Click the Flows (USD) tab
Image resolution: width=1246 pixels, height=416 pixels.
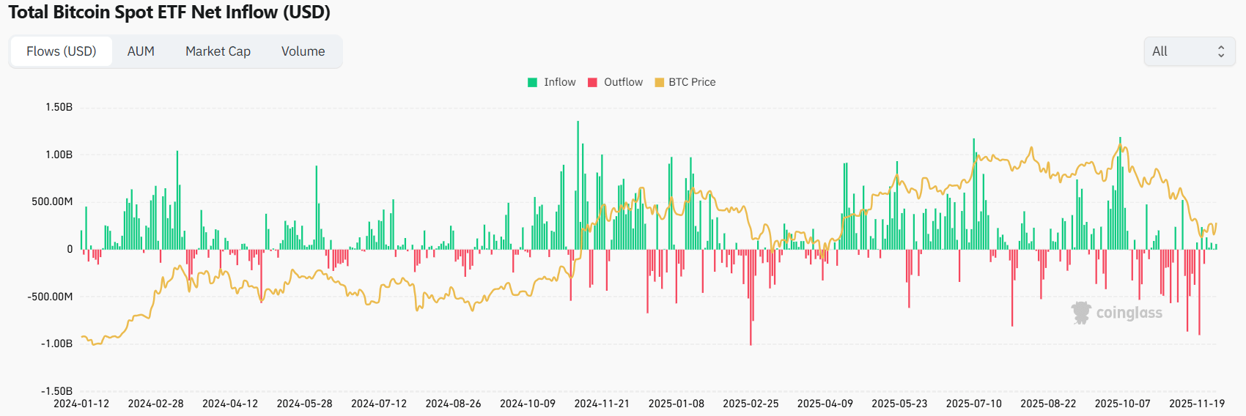62,51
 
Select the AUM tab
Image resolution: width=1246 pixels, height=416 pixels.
141,51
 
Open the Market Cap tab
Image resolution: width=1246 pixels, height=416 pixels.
218,51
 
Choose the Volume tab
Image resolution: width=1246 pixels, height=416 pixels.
303,51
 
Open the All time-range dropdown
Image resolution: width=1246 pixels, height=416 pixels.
1189,51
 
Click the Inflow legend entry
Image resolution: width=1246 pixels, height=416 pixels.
552,82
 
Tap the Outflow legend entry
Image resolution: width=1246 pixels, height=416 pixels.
615,82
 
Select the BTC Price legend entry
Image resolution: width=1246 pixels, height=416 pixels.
685,82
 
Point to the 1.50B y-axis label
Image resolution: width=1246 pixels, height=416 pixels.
59,107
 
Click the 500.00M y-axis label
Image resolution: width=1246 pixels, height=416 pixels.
52,201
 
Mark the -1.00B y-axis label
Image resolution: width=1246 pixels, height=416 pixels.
56,343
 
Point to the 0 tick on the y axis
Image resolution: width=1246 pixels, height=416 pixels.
70,249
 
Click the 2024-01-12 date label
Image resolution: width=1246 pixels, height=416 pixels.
81,404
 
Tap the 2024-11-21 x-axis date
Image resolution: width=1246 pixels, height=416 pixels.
602,404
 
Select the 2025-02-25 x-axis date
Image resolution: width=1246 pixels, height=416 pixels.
751,404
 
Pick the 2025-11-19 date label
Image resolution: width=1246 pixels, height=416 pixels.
1196,404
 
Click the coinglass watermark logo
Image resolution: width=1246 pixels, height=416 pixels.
1117,313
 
